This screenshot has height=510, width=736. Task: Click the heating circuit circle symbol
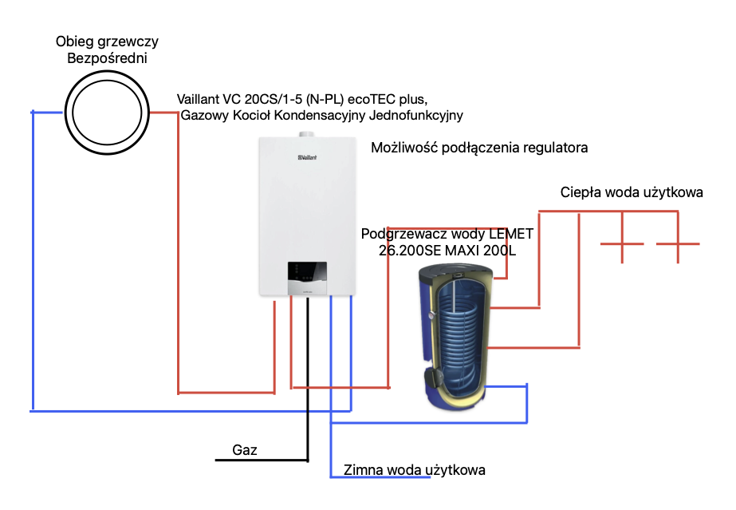pos(106,112)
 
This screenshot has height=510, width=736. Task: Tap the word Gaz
pos(245,450)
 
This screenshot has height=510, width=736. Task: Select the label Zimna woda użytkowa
pos(414,469)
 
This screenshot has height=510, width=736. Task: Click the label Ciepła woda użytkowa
pos(632,192)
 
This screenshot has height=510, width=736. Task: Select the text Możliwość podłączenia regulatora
pos(480,148)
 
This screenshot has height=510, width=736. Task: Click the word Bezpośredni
pos(107,58)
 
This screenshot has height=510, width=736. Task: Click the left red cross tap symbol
pos(622,243)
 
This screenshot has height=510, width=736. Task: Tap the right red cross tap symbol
pos(678,243)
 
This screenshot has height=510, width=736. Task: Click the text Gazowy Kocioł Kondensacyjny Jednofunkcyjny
pos(322,116)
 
